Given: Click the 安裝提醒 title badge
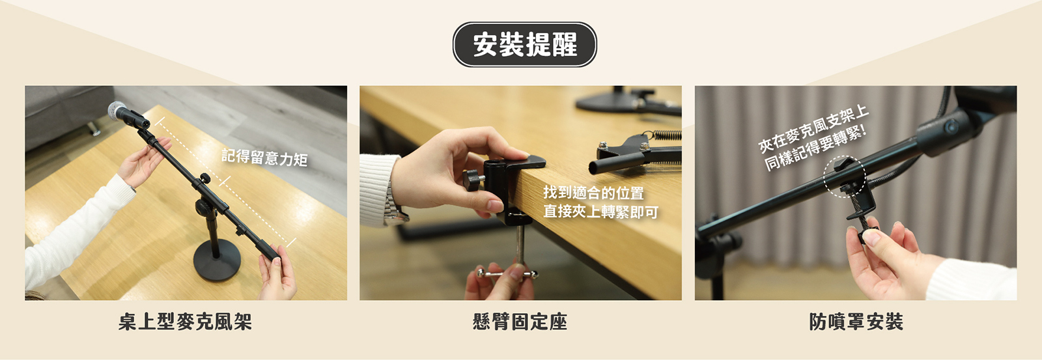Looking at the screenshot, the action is pyautogui.click(x=524, y=44).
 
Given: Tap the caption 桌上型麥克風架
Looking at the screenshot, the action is pyautogui.click(x=185, y=322).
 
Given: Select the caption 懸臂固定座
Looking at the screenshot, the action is pyautogui.click(x=520, y=322).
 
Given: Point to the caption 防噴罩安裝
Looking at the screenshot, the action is pyautogui.click(x=856, y=322).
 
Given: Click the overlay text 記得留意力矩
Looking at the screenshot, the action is pyautogui.click(x=264, y=157).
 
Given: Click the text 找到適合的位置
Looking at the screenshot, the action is pyautogui.click(x=593, y=192).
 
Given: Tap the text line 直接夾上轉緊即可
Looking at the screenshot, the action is pyautogui.click(x=600, y=212).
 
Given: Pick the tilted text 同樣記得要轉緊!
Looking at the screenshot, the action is pyautogui.click(x=817, y=148).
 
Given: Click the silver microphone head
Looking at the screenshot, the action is pyautogui.click(x=117, y=111).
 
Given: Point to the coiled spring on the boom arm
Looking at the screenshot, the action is pyautogui.click(x=667, y=135).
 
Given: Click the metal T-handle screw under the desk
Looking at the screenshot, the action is pyautogui.click(x=507, y=273).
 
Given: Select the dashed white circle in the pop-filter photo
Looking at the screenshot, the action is pyautogui.click(x=844, y=176).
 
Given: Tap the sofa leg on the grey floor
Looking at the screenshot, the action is pyautogui.click(x=95, y=129).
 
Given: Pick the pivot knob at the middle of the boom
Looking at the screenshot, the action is pyautogui.click(x=204, y=178).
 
